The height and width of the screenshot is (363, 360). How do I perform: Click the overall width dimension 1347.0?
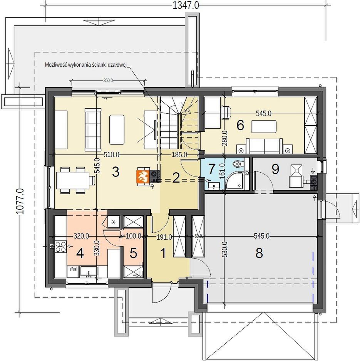[186, 5]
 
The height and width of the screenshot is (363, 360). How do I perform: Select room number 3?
[116, 172]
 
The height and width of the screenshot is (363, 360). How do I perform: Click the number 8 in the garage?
[259, 253]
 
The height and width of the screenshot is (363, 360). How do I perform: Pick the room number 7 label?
[211, 169]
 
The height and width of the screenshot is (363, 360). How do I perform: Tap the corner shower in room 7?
[235, 181]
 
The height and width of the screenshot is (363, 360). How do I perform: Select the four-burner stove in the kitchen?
[60, 246]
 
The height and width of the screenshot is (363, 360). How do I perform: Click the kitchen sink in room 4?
[89, 272]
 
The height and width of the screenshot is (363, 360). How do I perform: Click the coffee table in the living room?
[117, 125]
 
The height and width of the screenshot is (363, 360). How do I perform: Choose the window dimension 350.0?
[108, 81]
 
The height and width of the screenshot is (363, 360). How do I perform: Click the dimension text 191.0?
[164, 237]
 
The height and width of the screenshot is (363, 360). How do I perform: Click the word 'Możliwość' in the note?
[54, 65]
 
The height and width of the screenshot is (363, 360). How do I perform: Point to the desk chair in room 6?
[226, 113]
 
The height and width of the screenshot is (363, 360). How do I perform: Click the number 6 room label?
[240, 125]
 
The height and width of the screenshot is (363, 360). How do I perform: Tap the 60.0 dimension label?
[198, 236]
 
